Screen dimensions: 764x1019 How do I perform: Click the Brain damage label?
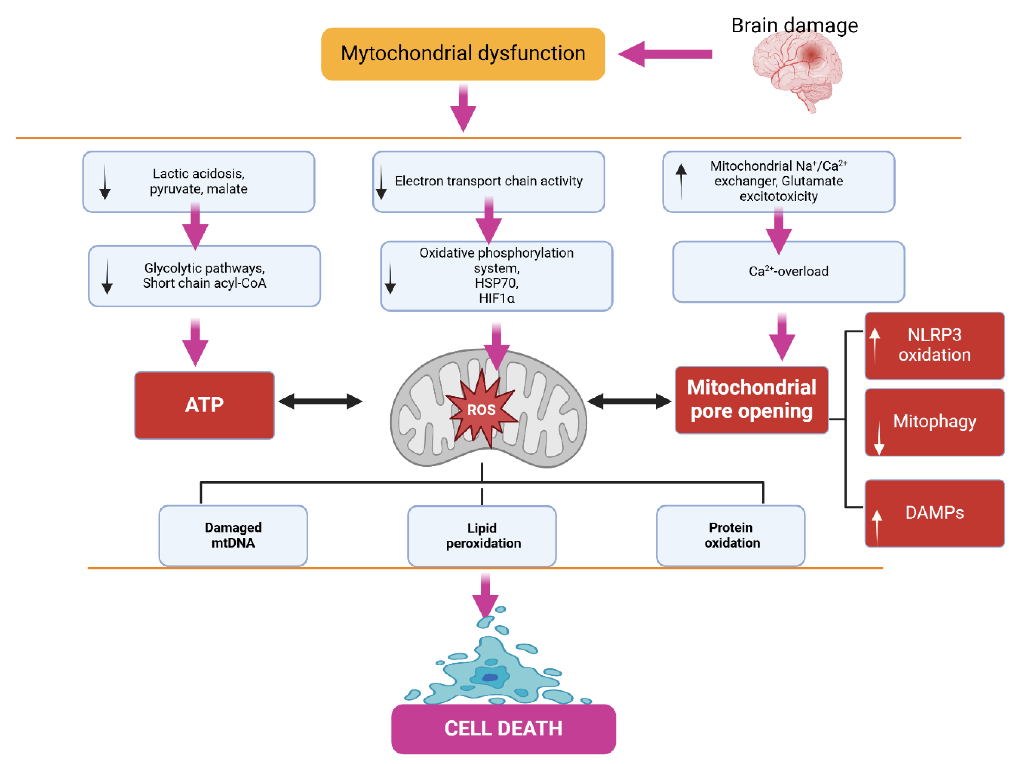click(794, 25)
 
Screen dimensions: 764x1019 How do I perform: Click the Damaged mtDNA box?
click(233, 535)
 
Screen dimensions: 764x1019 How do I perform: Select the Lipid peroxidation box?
click(482, 535)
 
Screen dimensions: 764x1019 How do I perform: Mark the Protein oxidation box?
click(731, 535)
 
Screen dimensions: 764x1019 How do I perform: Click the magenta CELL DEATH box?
click(503, 729)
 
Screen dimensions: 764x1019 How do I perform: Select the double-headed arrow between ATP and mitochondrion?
click(320, 401)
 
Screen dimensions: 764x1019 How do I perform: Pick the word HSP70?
click(496, 283)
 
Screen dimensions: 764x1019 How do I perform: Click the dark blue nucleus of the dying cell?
click(490, 677)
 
